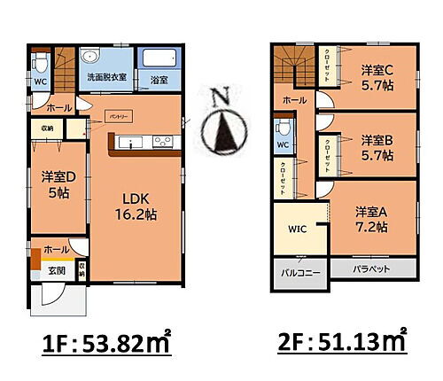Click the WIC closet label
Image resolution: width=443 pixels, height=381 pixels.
pos(297,229)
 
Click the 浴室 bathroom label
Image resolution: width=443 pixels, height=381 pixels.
pos(160,80)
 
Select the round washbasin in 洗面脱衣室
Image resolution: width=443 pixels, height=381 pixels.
pos(89,58)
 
